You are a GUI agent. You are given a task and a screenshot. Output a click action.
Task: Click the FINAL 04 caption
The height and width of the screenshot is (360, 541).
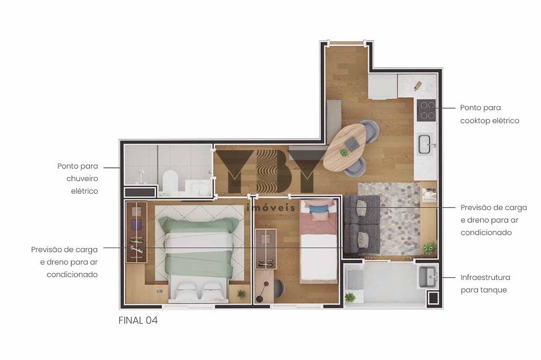pyautogui.click(x=138, y=320)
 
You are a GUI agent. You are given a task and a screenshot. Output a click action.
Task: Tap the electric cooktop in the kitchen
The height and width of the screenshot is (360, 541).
pyautogui.click(x=427, y=110)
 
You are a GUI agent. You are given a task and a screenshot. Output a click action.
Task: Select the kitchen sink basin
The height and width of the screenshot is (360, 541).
pyautogui.click(x=425, y=145)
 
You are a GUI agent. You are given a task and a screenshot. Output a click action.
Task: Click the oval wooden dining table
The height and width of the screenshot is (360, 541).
pyautogui.click(x=344, y=147)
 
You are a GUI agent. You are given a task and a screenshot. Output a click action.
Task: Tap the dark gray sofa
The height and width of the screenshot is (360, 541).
pyautogui.click(x=362, y=225)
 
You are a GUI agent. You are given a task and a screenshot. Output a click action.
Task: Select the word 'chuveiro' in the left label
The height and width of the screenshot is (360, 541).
pyautogui.click(x=82, y=178)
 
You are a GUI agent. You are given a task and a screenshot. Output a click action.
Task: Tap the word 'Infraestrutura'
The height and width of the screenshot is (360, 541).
pyautogui.click(x=485, y=277)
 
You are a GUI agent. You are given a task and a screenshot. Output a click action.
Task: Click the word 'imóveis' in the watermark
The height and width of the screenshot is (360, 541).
pyautogui.click(x=271, y=207)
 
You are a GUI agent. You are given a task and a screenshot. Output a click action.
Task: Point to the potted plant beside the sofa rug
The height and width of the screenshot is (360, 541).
pyautogui.click(x=429, y=248)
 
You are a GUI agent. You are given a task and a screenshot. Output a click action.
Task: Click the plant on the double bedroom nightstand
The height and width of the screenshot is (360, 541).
pyautogui.click(x=241, y=294)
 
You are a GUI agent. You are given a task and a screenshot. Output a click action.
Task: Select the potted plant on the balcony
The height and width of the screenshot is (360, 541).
pyautogui.click(x=350, y=297)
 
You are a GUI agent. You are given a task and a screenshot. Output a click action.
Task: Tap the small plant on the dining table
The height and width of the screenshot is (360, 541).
pyautogui.click(x=343, y=151)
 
